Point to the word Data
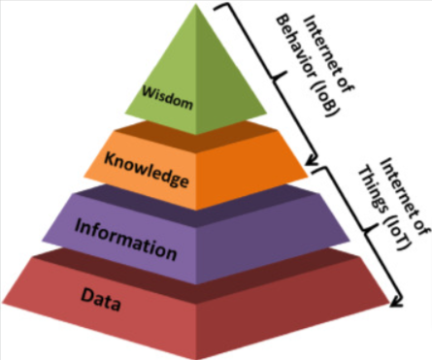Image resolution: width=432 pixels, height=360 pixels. point(100,304)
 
